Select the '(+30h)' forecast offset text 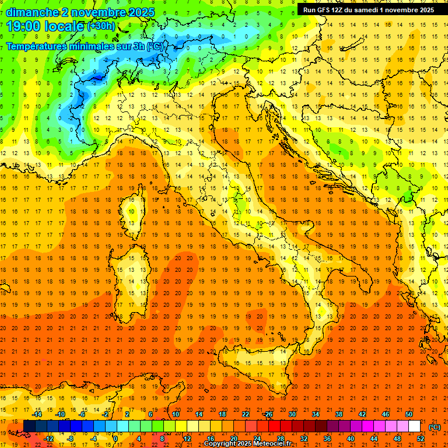(101, 26)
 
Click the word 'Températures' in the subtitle (36, 46)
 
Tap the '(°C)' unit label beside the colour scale (435, 427)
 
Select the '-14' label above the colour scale (36, 414)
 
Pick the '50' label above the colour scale (409, 414)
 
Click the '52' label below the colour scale (421, 438)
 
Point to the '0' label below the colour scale (116, 438)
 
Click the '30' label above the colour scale (292, 414)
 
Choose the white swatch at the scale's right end (414, 426)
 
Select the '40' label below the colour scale (350, 438)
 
